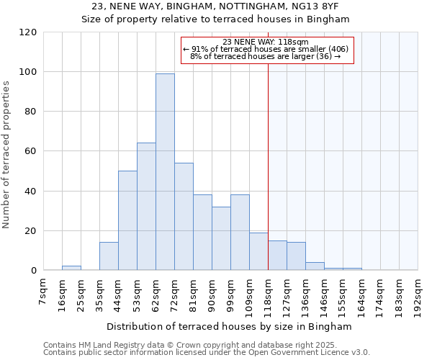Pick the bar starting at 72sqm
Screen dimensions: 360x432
pos(184,216)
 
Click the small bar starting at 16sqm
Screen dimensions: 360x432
pos(71,268)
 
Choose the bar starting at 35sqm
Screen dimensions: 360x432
pos(109,256)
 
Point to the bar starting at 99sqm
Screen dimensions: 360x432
pos(240,232)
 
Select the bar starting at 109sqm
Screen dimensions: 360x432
pos(258,251)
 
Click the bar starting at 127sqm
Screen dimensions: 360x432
pos(296,256)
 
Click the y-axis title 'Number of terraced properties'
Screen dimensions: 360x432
pos(6,154)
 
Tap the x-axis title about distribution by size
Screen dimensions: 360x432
pos(230,327)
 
